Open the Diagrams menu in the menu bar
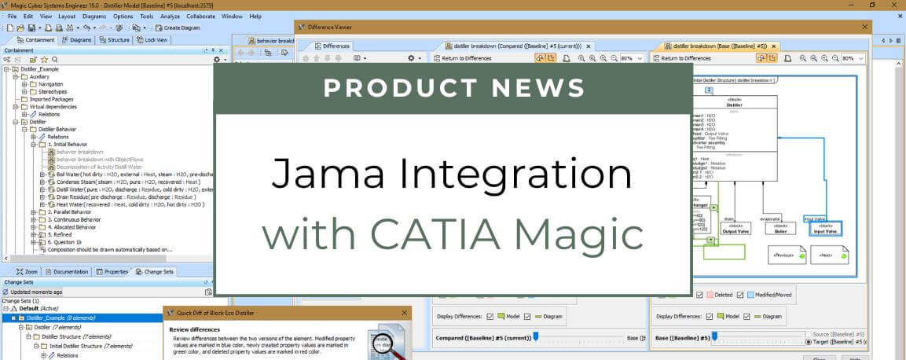point(94,16)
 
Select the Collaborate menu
point(201,16)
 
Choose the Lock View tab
point(152,39)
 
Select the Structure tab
point(115,39)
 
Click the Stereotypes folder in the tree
point(53,92)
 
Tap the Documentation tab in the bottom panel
point(68,272)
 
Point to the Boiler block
point(779,228)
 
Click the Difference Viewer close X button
point(864,27)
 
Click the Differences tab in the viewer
point(332,46)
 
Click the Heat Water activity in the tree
point(126,204)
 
